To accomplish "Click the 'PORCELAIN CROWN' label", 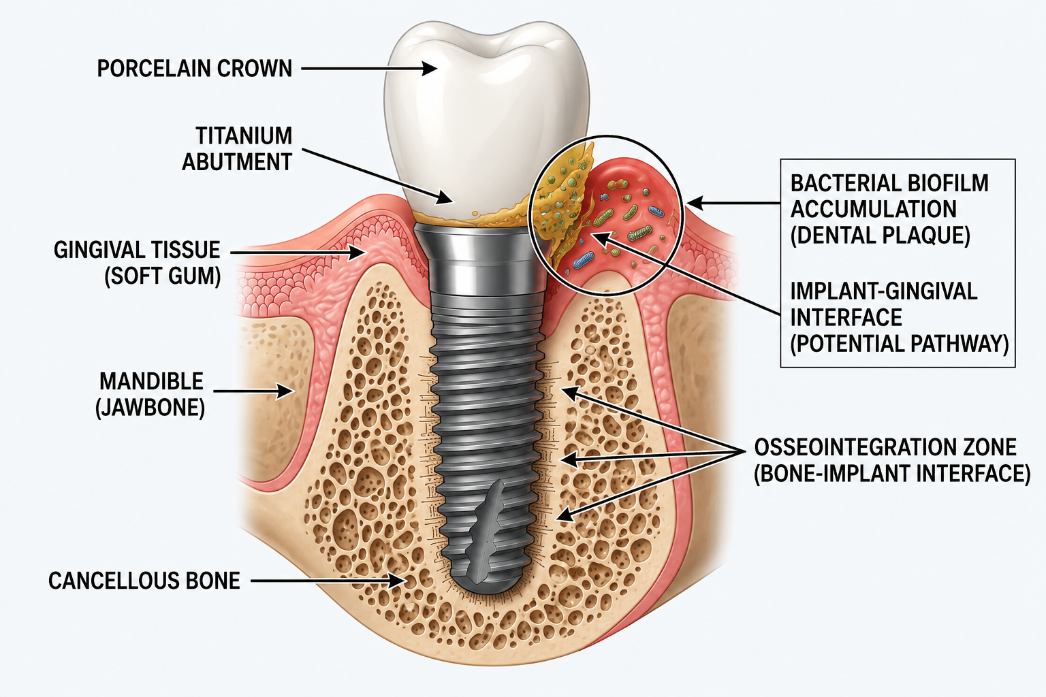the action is [194, 69].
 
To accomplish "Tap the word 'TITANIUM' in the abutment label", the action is [244, 136].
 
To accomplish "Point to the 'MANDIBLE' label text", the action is [151, 381].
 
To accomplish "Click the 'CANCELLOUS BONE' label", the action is [144, 581].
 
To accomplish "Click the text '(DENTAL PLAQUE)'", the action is [881, 236].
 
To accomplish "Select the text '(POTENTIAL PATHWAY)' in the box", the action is [900, 344].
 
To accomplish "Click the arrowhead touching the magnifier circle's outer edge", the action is [695, 203].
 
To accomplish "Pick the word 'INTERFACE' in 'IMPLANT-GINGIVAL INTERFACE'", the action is [846, 317].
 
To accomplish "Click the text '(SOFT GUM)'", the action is [162, 276].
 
